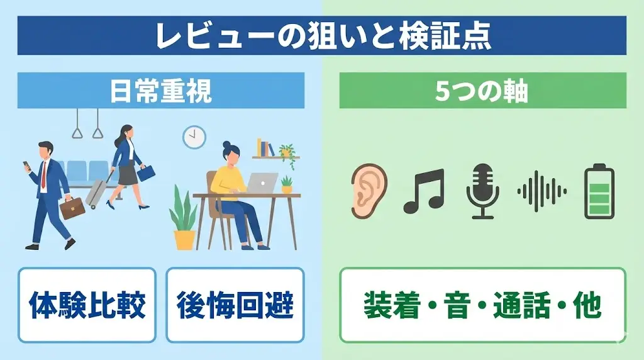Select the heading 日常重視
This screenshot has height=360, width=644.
161,91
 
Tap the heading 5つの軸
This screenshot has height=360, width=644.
482,91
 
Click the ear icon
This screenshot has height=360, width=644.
369,191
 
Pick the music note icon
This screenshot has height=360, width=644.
423,191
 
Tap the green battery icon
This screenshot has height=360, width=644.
599,191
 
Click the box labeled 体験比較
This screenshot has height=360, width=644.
87,305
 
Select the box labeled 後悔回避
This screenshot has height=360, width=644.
235,305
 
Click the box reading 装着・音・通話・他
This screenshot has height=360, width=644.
482,305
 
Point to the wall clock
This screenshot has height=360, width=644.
194,137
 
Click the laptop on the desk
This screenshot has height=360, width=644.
262,183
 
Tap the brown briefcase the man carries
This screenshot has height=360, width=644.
72,207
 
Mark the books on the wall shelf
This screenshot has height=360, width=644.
265,148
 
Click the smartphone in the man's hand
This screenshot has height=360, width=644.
26,165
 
